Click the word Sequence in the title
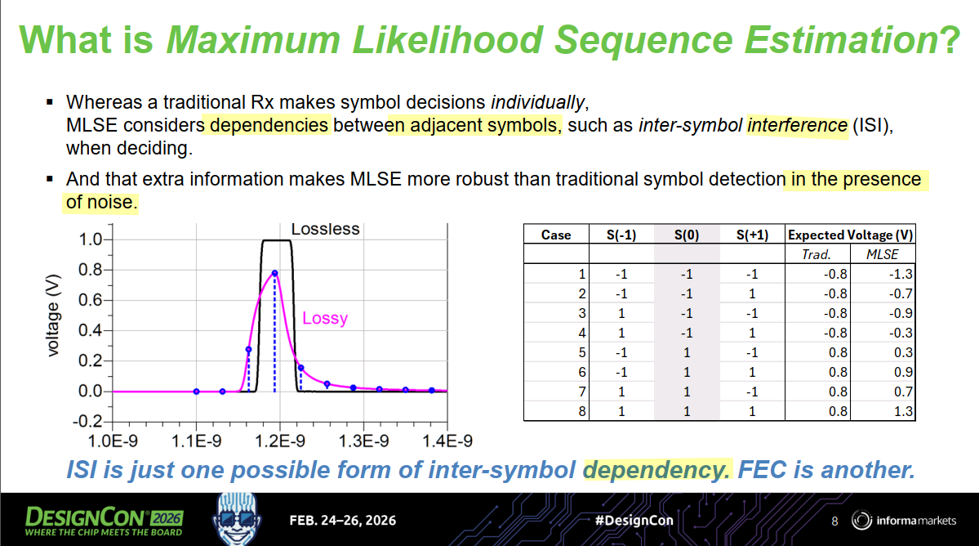[643, 41]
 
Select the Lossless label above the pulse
[325, 229]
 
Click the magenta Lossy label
[325, 319]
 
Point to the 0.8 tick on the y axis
[90, 270]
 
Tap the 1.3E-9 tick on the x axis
[363, 441]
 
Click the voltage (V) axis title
[53, 316]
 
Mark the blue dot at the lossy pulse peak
[274, 274]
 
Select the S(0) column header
[687, 235]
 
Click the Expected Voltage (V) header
[850, 235]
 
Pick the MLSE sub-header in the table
[882, 254]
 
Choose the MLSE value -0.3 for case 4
[901, 333]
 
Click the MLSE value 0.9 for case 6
[903, 373]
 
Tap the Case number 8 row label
[582, 412]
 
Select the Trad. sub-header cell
[817, 254]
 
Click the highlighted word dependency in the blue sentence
[656, 471]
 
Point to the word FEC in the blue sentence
[762, 471]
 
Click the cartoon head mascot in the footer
[237, 518]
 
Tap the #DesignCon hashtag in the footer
[634, 521]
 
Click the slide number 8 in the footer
[834, 521]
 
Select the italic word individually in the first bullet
[538, 102]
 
